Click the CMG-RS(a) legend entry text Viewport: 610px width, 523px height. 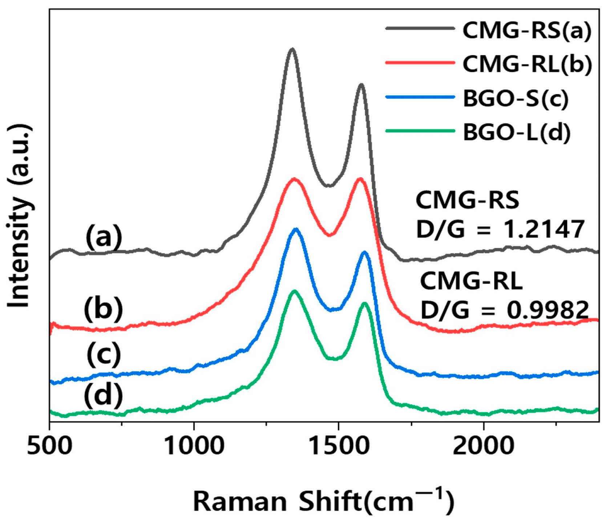[x=527, y=31]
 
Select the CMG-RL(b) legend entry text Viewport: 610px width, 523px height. [x=527, y=64]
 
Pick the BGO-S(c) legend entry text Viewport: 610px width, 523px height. [x=515, y=98]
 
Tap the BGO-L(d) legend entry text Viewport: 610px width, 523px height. [x=516, y=132]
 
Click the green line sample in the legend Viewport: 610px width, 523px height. [x=420, y=131]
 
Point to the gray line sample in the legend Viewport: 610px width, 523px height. [x=420, y=28]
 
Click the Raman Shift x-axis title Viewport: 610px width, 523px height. [x=323, y=501]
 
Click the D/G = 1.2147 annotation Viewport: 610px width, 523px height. [x=500, y=229]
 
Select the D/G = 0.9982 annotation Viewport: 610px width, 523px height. [x=504, y=310]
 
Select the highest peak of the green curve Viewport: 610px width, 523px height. [x=294, y=291]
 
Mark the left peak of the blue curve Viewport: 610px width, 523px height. [x=296, y=229]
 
